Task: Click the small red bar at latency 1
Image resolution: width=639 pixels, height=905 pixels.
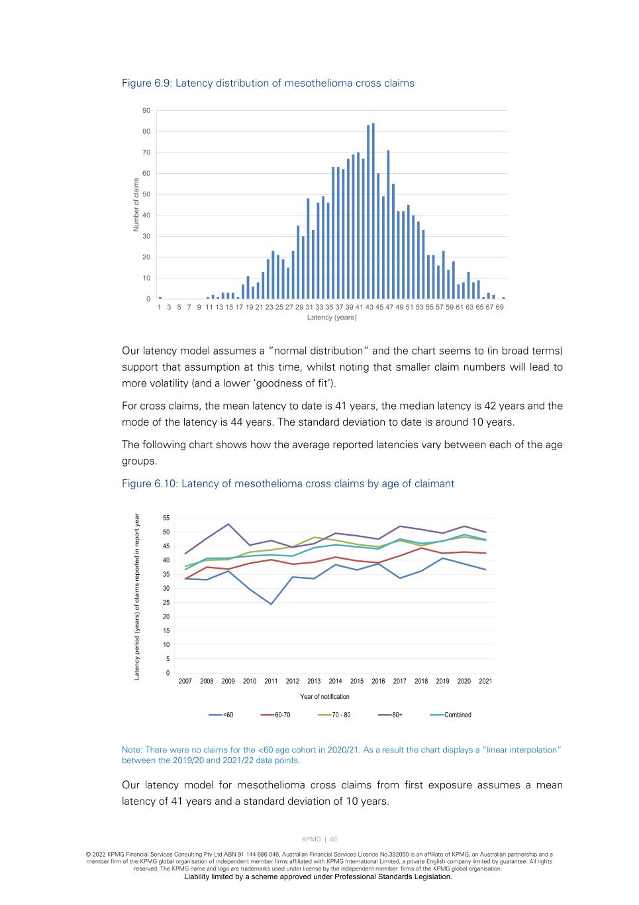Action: coord(160,298)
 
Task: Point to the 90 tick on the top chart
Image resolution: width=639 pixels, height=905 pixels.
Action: coord(146,111)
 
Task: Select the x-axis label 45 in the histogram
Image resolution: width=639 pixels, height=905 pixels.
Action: coord(379,308)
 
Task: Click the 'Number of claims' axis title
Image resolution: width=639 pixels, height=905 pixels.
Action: coord(136,205)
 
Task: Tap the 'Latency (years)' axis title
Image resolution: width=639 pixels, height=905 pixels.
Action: coord(332,318)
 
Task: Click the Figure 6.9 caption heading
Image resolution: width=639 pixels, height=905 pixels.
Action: coord(268,84)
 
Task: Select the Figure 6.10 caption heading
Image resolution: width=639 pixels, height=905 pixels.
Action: coord(287,484)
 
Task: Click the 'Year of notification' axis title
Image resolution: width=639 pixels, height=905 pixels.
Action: coord(324,697)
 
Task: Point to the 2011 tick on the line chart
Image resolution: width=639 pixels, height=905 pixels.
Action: coord(271,682)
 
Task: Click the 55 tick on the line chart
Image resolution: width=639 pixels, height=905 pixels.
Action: coord(166,518)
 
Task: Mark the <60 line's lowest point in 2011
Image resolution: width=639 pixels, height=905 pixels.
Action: coord(271,604)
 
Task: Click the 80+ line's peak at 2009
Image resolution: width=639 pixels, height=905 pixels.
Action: coord(228,524)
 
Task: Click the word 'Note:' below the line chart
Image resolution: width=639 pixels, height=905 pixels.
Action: coord(132,750)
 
